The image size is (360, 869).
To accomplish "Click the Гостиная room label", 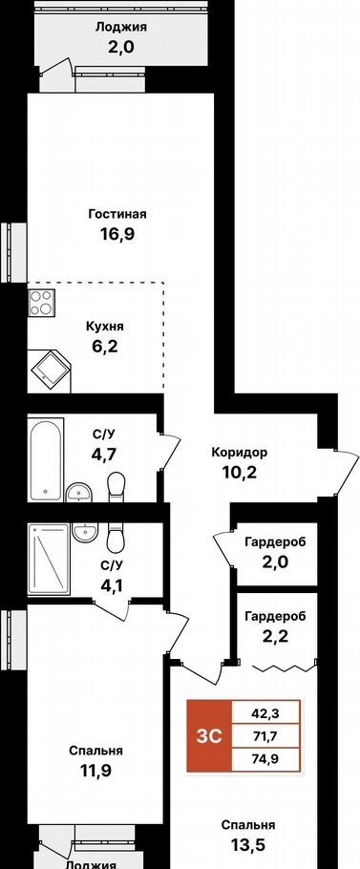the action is (x=116, y=214).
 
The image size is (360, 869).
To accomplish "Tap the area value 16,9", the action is (x=117, y=233).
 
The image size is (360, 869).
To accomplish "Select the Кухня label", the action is (x=105, y=327).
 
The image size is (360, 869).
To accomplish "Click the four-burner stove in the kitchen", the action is (x=40, y=303).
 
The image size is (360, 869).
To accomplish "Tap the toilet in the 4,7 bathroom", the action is (x=116, y=485).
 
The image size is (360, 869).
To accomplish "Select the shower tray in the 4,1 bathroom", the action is (x=49, y=560).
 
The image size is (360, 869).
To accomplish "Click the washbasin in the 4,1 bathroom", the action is (x=85, y=533).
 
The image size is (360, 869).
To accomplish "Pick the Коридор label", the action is (x=240, y=453).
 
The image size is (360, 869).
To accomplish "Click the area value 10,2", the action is (x=240, y=472).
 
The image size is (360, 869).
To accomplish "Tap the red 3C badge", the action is (x=208, y=735).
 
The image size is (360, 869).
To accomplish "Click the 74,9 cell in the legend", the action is (x=265, y=759).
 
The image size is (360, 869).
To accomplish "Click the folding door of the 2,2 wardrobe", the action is (x=286, y=668).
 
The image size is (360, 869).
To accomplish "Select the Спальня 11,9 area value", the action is (x=95, y=771).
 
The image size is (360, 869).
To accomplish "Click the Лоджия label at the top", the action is (x=116, y=26).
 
